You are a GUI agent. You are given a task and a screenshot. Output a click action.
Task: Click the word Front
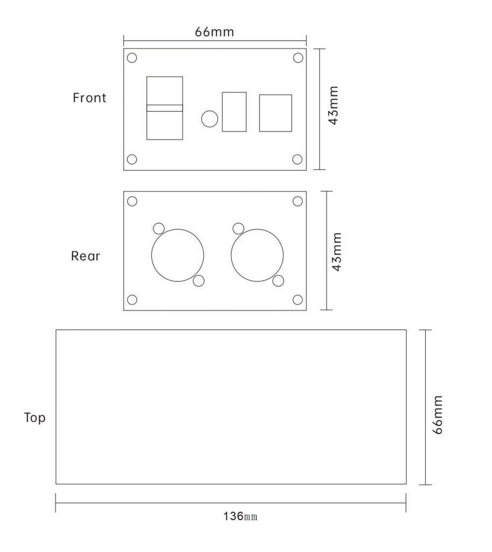click(89, 98)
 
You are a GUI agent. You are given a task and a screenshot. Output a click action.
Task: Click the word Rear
click(85, 256)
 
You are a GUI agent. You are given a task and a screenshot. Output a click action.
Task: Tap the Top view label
click(35, 418)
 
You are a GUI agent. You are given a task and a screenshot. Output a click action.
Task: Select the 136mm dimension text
click(240, 516)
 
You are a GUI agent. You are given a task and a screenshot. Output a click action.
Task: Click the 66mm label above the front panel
click(214, 32)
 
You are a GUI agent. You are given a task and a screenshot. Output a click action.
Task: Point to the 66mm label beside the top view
click(437, 415)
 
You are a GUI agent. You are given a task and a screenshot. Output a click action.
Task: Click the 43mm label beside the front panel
click(333, 105)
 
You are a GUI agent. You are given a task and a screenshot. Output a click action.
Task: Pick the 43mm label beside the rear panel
click(337, 252)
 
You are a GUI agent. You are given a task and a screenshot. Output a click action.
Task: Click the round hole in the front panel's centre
click(210, 119)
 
